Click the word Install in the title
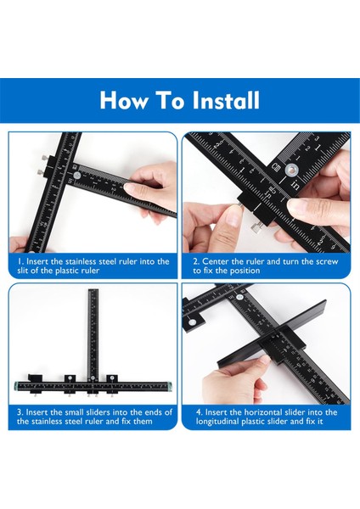[x=226, y=100]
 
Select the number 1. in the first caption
[x=20, y=261]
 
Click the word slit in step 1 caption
[x=22, y=271]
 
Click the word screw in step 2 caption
[x=326, y=261]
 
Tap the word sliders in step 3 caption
[x=100, y=412]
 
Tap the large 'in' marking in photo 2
[x=295, y=184]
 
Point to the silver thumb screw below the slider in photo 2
[x=256, y=229]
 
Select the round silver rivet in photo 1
[x=77, y=176]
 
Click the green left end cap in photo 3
[x=16, y=386]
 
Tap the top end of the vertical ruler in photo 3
[x=93, y=290]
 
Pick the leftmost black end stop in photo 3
[x=35, y=378]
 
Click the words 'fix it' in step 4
[x=314, y=422]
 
